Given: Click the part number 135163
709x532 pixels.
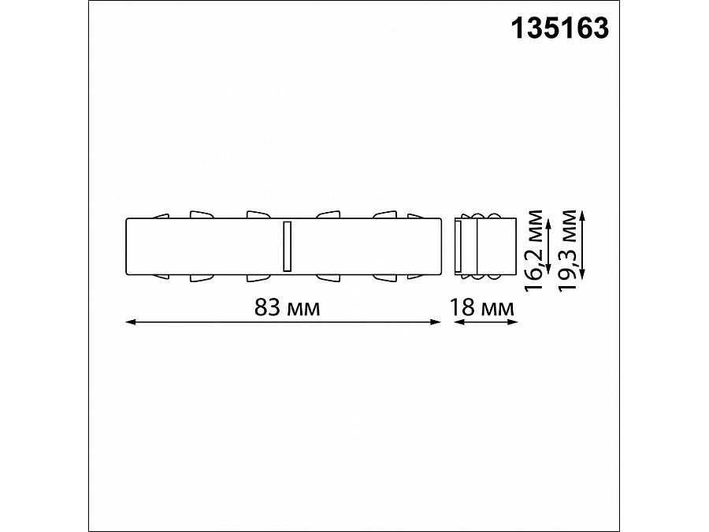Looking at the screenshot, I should tap(561, 28).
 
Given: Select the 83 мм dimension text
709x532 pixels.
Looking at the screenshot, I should tap(287, 307).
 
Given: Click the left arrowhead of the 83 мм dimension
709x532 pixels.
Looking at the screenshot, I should tap(131, 322).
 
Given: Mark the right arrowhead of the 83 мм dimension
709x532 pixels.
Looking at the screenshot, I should tap(436, 322).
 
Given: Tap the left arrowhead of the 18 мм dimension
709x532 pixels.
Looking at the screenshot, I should tap(458, 322).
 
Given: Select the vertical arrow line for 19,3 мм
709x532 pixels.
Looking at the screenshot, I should tap(583, 244).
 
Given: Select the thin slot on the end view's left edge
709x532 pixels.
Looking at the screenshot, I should tap(459, 245).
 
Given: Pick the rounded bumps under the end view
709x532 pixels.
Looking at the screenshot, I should tap(483, 277).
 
